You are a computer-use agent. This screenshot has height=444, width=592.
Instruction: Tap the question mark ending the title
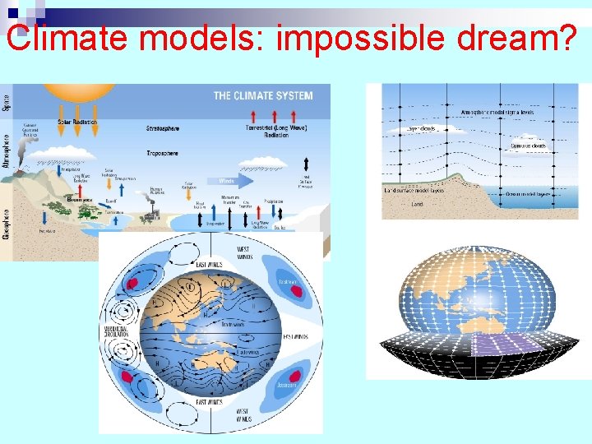(575, 37)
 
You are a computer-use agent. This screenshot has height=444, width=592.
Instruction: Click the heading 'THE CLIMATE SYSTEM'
(262, 96)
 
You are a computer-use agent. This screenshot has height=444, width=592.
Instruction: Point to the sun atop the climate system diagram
(69, 92)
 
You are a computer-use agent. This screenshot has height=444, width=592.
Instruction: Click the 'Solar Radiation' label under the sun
(76, 123)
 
